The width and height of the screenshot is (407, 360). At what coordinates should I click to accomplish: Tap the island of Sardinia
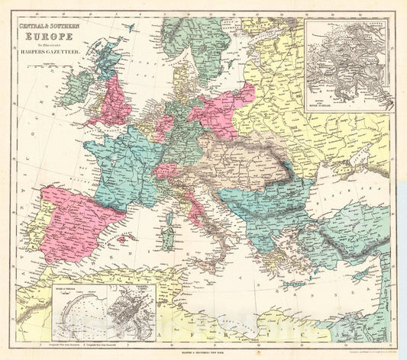point(170,228)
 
